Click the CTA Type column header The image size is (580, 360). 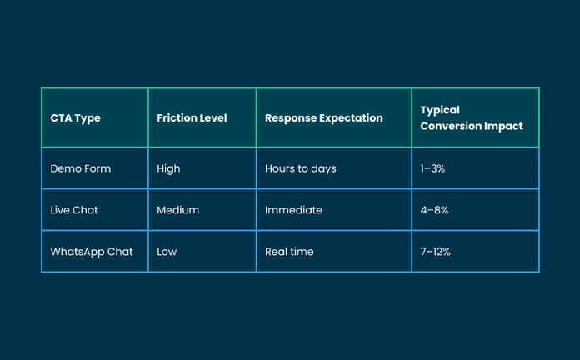(75, 118)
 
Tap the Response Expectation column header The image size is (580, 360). (323, 118)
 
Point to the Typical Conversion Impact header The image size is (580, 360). (471, 118)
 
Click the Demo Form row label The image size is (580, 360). (80, 168)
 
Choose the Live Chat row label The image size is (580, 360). (74, 210)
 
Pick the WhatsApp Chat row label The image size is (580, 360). (92, 252)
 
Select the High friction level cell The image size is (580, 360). (168, 168)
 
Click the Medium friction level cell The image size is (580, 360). (177, 210)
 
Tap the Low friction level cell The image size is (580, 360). (167, 252)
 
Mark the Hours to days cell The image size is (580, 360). (300, 168)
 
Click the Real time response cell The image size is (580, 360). (289, 252)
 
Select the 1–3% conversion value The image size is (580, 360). (433, 168)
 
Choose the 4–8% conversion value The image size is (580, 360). (434, 210)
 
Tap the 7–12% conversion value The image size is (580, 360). (437, 252)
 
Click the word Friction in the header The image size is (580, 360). (175, 118)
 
